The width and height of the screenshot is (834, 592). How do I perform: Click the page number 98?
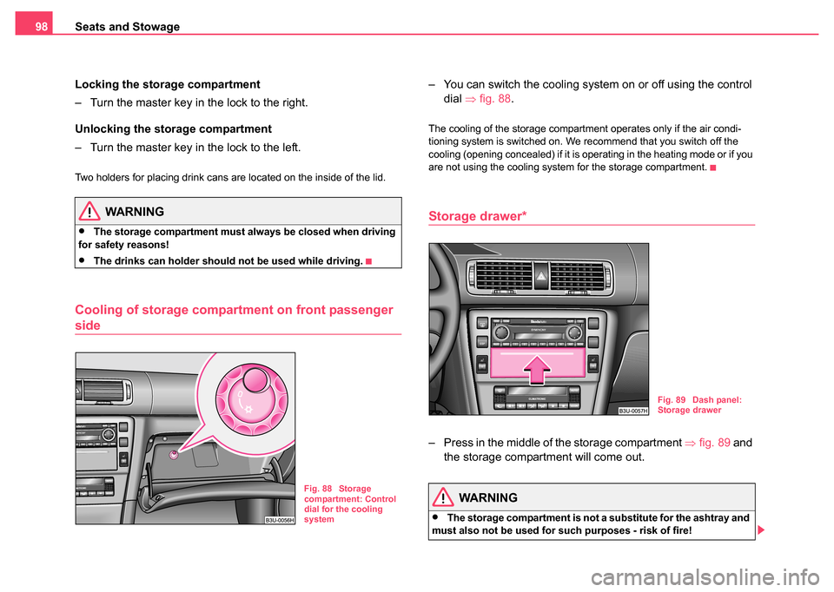pos(41,27)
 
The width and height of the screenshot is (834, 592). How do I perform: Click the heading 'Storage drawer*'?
pos(476,215)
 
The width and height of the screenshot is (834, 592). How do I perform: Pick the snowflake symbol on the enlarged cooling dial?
pos(249,408)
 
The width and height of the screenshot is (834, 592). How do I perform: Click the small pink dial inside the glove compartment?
pos(175,452)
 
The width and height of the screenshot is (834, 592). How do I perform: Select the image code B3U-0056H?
pos(280,518)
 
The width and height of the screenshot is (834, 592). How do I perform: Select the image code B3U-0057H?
pos(633,409)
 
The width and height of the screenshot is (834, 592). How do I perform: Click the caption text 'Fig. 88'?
pos(318,490)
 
